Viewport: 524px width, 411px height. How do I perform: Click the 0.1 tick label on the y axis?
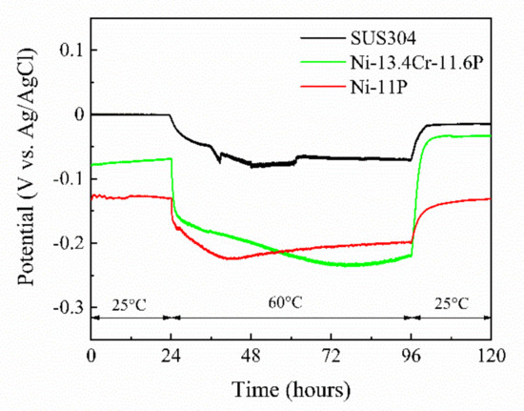(x=67, y=50)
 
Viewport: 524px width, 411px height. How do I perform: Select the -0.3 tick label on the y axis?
(x=64, y=308)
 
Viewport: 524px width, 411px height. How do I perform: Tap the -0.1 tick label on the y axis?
(x=64, y=179)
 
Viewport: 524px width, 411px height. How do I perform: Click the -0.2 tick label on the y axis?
(x=64, y=243)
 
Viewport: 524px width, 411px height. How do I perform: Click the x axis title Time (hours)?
(x=291, y=389)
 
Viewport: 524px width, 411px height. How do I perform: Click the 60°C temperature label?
(x=291, y=304)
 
